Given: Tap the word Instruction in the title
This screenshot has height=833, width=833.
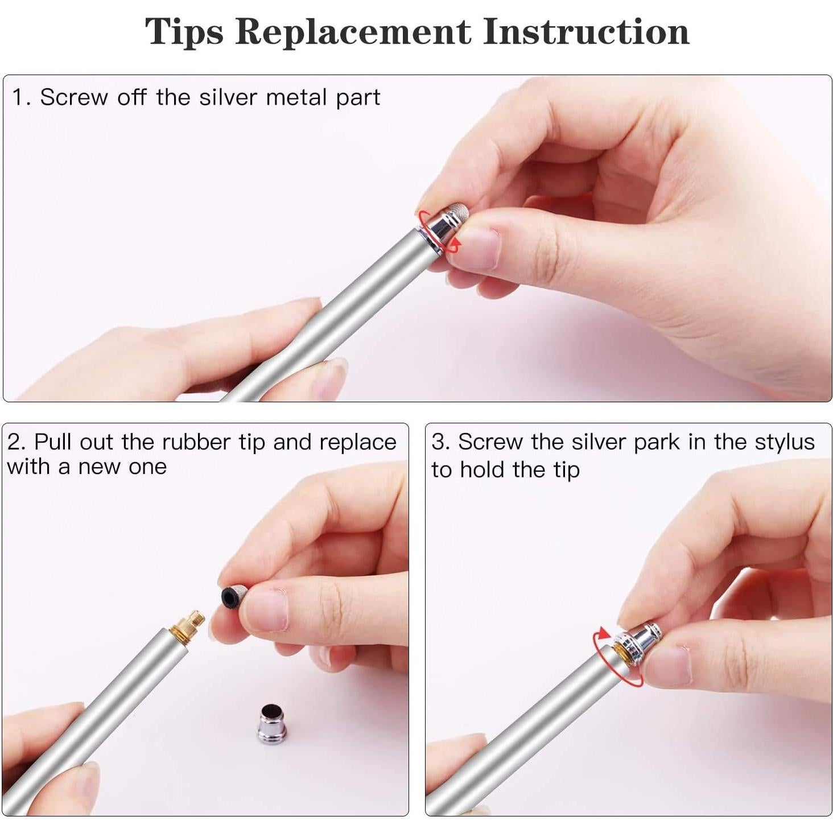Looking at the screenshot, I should pyautogui.click(x=586, y=32).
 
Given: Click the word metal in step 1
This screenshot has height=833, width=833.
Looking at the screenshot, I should pyautogui.click(x=296, y=98).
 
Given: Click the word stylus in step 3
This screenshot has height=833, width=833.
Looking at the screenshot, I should pyautogui.click(x=785, y=443).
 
